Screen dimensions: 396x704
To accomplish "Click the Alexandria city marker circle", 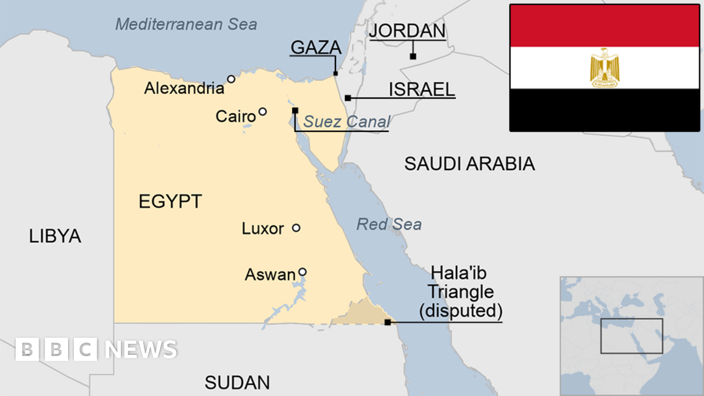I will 231,79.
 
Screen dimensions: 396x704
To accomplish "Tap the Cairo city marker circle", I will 262,111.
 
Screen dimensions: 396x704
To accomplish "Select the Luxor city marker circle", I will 296,228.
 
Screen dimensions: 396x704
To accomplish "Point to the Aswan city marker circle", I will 302,272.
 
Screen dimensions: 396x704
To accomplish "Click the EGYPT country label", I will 170,202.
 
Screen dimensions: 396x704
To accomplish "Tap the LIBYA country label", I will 55,236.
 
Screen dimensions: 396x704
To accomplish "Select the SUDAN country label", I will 237,383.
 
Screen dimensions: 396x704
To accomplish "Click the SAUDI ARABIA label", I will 469,164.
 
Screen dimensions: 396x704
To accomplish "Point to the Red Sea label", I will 389,224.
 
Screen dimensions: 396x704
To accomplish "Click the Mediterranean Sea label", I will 186,24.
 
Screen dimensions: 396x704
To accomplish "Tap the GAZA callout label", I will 316,48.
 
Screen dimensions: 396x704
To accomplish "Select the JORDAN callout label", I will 407,31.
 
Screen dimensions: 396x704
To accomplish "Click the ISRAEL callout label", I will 422,89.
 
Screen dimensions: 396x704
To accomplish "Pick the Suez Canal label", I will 347,121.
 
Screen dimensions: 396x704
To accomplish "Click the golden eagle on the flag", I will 604,67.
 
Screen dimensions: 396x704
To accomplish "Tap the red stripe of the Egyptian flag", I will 604,26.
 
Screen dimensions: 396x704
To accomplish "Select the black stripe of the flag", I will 604,110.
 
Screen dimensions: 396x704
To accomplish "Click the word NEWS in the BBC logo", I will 141,350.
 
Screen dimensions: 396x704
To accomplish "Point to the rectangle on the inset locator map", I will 631,336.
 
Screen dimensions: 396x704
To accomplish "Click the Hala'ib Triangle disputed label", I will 461,292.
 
